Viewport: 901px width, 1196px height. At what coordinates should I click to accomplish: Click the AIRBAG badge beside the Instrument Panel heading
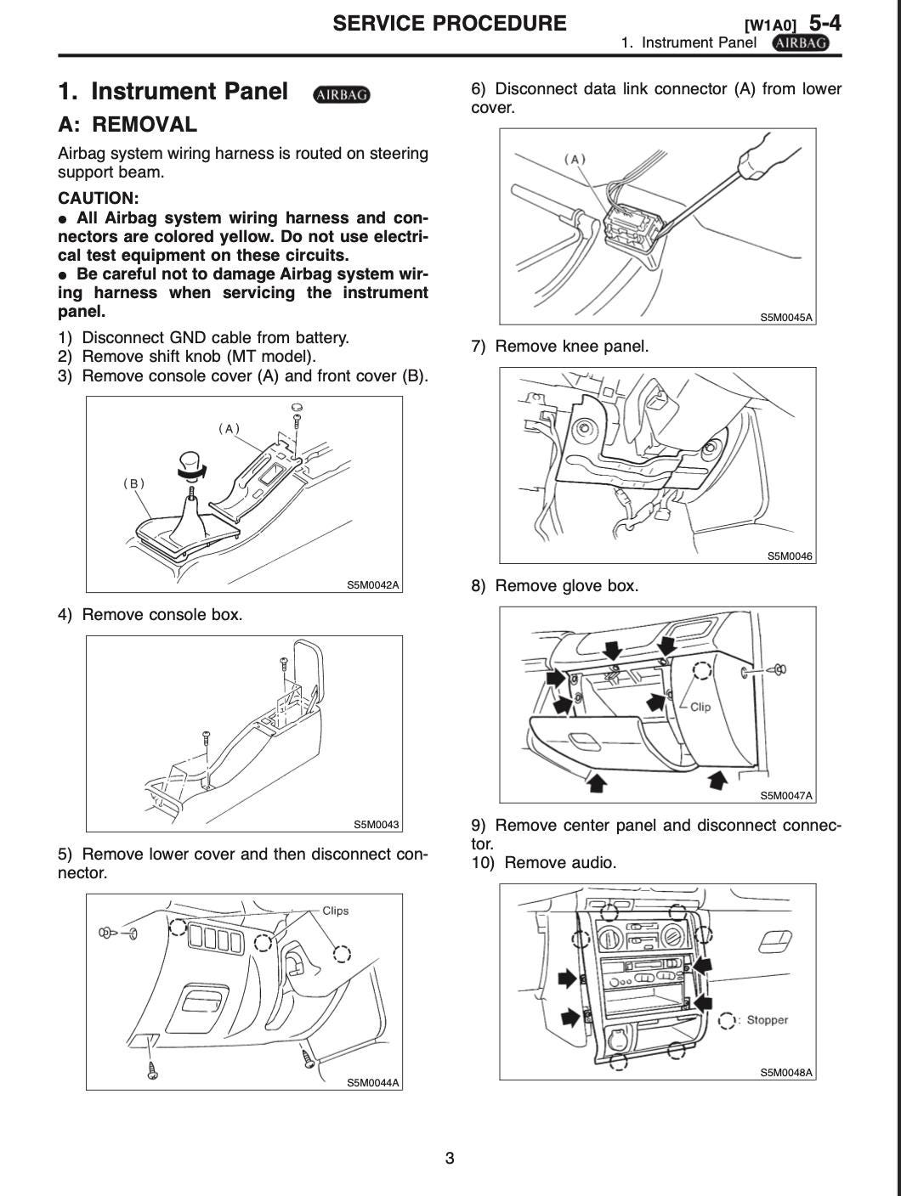click(342, 94)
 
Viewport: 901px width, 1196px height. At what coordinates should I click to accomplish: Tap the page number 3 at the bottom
click(450, 1158)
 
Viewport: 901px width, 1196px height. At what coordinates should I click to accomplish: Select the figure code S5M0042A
click(372, 584)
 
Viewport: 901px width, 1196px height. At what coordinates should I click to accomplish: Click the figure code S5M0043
click(376, 824)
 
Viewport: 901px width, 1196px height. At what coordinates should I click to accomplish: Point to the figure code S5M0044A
click(372, 1082)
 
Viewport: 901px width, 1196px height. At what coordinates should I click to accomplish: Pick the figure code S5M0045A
click(786, 318)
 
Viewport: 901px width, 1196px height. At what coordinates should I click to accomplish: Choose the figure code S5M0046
click(790, 556)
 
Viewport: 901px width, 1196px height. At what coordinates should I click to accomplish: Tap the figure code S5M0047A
click(786, 796)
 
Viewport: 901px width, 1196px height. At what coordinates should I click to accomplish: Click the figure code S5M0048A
click(786, 1073)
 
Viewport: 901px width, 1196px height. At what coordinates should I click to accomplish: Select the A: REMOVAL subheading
click(127, 125)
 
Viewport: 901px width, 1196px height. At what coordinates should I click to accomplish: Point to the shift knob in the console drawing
click(192, 462)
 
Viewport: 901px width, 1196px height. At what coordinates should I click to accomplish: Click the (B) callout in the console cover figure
click(133, 483)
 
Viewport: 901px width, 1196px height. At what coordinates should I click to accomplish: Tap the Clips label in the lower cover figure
click(336, 911)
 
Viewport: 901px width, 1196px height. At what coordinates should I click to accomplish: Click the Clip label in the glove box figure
click(700, 707)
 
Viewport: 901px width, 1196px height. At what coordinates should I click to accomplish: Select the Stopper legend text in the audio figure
click(768, 1019)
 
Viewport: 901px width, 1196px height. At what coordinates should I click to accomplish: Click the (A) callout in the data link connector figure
click(575, 159)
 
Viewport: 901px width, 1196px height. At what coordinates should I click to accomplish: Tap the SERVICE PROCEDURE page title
click(449, 23)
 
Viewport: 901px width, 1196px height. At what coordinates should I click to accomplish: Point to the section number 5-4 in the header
click(824, 21)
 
